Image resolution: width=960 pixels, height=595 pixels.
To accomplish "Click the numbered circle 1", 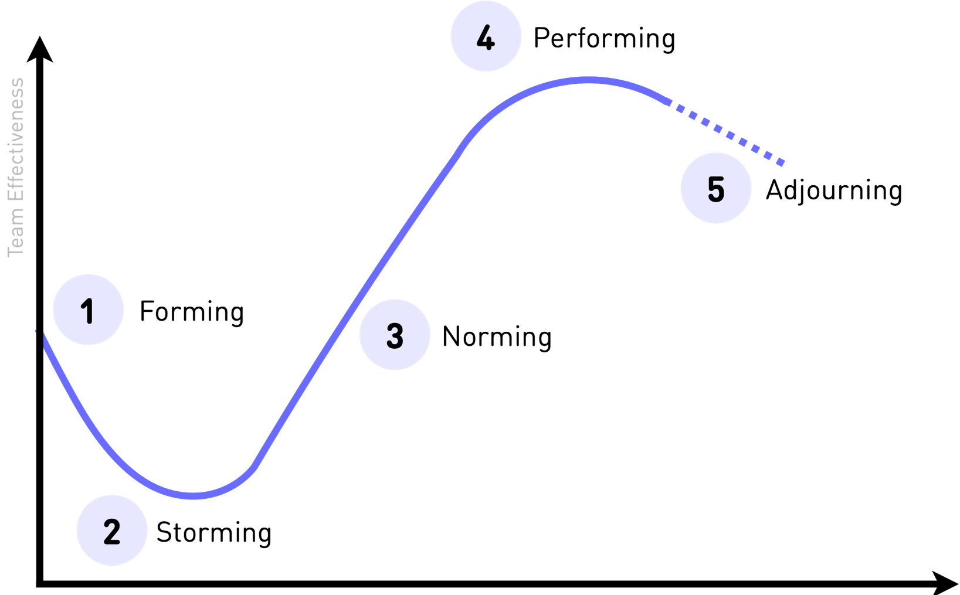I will [88, 310].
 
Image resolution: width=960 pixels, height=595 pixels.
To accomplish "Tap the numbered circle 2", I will [111, 531].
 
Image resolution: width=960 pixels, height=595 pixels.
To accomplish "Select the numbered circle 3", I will [395, 335].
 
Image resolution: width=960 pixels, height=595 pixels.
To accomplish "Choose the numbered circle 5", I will [715, 189].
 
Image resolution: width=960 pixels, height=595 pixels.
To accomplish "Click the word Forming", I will [191, 311].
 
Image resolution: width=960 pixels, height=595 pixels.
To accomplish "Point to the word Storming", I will [213, 533].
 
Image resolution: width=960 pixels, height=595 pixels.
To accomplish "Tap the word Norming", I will [496, 337].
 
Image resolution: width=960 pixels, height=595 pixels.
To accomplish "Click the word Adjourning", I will [833, 191].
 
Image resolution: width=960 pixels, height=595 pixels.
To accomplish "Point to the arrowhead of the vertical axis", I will [39, 50].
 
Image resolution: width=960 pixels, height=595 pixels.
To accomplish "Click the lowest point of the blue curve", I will [194, 496].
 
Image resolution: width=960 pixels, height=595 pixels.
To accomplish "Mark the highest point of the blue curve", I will [584, 80].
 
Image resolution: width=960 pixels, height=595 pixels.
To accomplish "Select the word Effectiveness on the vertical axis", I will [16, 144].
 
